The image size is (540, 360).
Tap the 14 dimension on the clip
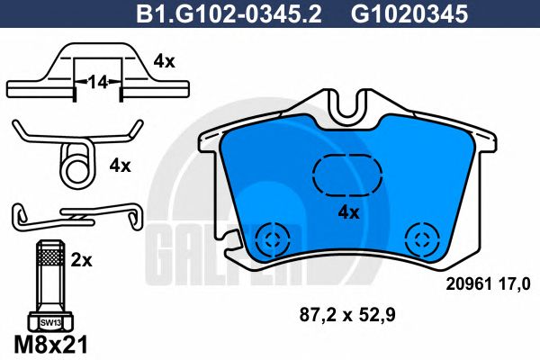pos(97,83)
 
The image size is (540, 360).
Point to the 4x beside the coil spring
pos(120,166)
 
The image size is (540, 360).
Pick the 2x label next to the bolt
pos(82,260)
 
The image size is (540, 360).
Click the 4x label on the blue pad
pos(347,212)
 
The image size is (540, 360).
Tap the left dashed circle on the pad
pos(269,238)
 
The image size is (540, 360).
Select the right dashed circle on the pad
pos(419,238)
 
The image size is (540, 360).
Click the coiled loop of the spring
pos(76,166)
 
